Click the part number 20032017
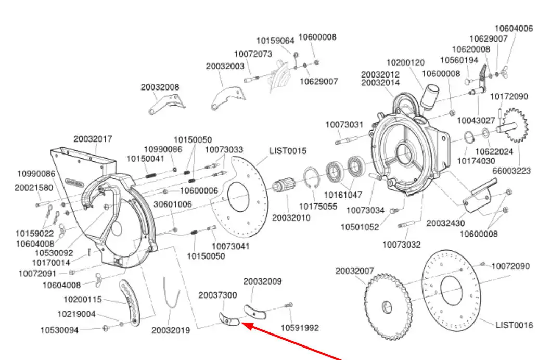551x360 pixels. pyautogui.click(x=93, y=139)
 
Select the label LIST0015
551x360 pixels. pyautogui.click(x=288, y=151)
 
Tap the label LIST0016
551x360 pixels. pyautogui.click(x=514, y=325)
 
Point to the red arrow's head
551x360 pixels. pyautogui.click(x=245, y=325)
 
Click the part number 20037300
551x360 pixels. pyautogui.click(x=217, y=295)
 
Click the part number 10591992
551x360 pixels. pyautogui.click(x=300, y=328)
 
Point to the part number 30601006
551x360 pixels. pyautogui.click(x=173, y=205)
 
